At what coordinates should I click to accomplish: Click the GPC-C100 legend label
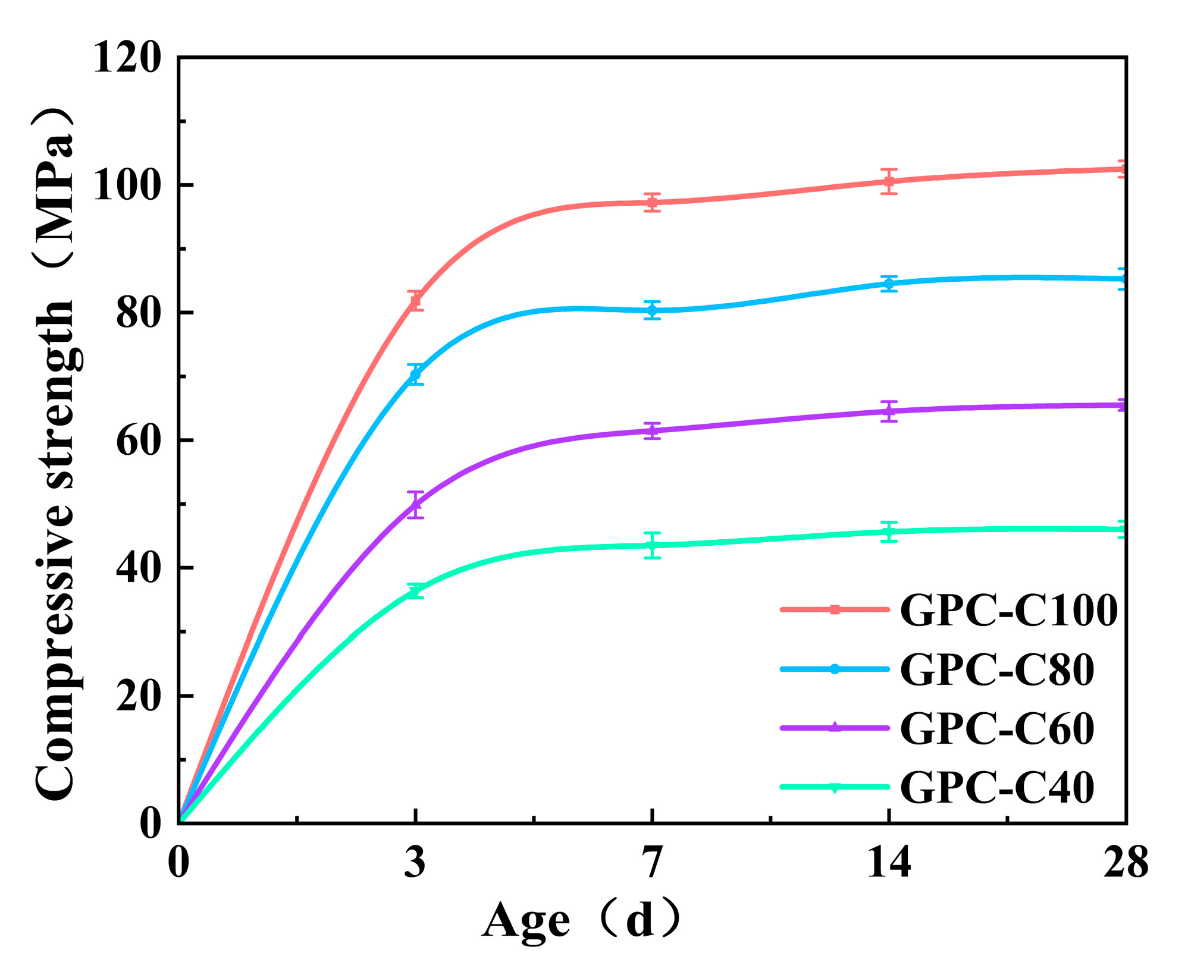(1008, 611)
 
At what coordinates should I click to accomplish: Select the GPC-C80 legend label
(996, 669)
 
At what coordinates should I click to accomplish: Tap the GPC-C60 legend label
(996, 728)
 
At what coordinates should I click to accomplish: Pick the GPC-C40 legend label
(996, 787)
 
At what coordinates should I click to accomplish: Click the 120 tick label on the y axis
(127, 58)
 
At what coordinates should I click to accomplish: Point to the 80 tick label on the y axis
(138, 313)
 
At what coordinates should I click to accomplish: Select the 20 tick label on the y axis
(138, 696)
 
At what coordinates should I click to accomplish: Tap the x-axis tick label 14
(888, 863)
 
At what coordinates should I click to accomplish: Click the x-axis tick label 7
(652, 863)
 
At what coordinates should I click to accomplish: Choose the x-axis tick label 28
(1124, 863)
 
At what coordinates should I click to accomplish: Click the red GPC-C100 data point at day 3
(416, 300)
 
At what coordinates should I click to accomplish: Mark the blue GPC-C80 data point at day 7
(652, 310)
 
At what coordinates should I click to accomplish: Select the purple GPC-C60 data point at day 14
(889, 411)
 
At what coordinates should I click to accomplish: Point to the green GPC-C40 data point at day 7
(652, 545)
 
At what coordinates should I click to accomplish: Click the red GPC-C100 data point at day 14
(889, 181)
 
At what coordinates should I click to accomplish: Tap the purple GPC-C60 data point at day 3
(416, 505)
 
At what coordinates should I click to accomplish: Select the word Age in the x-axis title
(526, 921)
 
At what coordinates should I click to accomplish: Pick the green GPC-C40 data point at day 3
(416, 591)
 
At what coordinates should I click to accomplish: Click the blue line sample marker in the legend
(835, 669)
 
